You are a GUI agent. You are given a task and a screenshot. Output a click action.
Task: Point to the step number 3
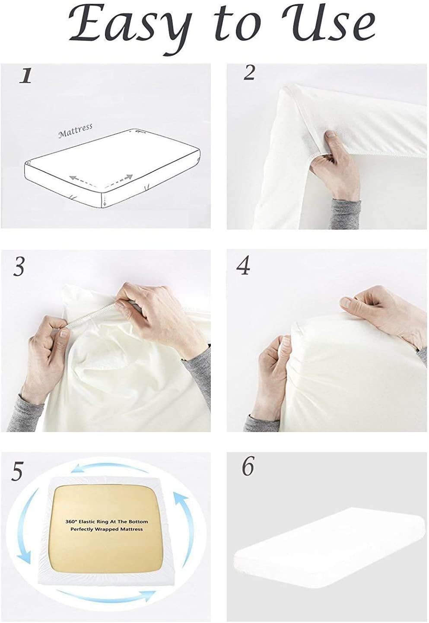coord(19,267)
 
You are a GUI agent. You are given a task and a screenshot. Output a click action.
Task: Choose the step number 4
coord(244,267)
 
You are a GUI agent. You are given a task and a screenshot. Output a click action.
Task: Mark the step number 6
coord(248,466)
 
